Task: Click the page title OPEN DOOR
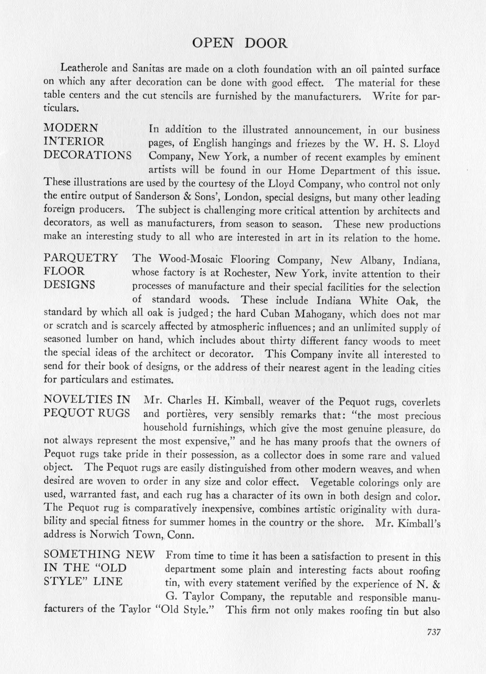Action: (240, 43)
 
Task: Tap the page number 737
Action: (433, 632)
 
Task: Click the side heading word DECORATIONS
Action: (88, 156)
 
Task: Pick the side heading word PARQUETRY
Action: (81, 258)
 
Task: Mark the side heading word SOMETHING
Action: (82, 554)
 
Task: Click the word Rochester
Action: (245, 274)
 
